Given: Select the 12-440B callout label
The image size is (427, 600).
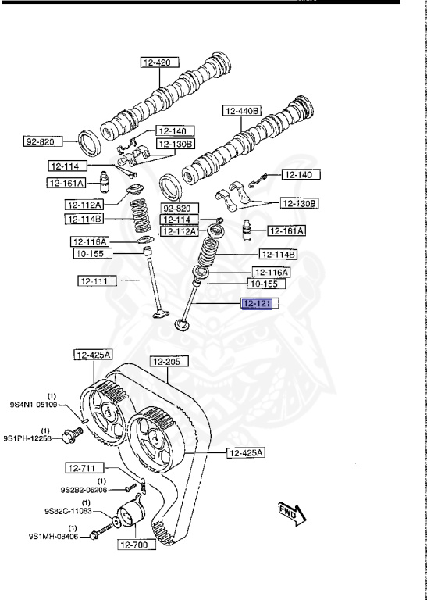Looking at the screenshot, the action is (x=241, y=111).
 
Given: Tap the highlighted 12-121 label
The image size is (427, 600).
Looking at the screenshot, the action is (x=257, y=304).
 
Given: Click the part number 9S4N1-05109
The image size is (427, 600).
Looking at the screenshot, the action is (x=34, y=404).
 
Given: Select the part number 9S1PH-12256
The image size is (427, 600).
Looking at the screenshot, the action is (x=27, y=438).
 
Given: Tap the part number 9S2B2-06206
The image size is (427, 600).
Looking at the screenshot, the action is (x=84, y=489).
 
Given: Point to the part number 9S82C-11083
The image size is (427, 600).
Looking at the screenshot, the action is (x=68, y=510).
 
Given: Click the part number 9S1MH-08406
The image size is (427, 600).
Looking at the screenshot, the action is (x=53, y=537).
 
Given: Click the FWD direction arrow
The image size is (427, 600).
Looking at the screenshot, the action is (x=293, y=513).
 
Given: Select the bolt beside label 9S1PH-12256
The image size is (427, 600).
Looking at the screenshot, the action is (x=73, y=434).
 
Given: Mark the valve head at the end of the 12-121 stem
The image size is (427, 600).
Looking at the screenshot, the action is (x=182, y=325).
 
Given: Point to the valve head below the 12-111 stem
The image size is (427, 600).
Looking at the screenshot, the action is (x=161, y=314).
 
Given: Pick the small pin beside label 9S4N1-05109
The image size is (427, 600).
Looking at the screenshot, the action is (x=85, y=420).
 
